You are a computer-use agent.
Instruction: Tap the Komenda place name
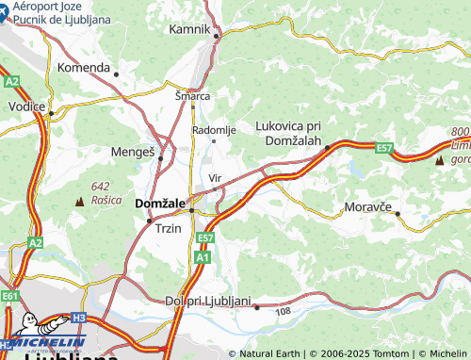84,68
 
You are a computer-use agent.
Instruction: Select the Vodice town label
27,106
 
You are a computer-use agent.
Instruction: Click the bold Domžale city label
161,203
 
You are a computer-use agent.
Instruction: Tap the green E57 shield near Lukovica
383,148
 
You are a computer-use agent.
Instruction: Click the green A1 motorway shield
203,256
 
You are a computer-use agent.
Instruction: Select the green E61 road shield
10,296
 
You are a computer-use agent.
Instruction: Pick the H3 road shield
79,318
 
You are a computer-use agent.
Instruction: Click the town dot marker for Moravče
398,213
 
